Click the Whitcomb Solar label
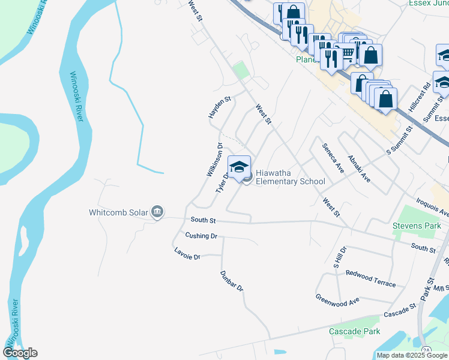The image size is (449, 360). [x=118, y=212]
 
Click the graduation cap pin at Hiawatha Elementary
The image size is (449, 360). [x=239, y=168]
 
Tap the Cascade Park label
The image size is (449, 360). [x=354, y=331]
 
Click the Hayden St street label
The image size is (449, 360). [x=219, y=107]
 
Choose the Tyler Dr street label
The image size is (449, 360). [x=222, y=183]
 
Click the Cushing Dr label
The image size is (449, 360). [x=201, y=236]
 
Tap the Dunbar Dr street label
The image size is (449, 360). [x=231, y=280]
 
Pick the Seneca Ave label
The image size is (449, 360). [x=332, y=158]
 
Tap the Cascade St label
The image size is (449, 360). [x=400, y=311]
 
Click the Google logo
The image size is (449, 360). [x=20, y=353]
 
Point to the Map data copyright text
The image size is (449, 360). [x=412, y=355]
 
